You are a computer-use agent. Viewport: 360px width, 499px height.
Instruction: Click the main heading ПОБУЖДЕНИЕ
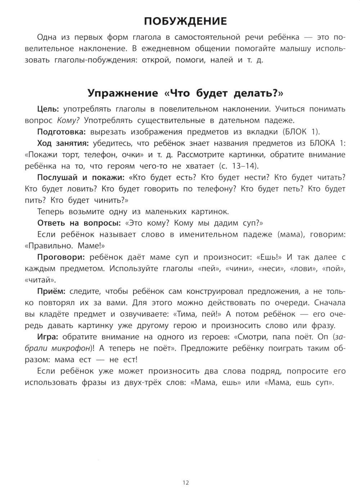[x=185, y=21]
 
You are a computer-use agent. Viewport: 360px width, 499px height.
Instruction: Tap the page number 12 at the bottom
[x=185, y=483]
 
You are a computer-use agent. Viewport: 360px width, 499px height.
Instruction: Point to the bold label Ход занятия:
[x=63, y=143]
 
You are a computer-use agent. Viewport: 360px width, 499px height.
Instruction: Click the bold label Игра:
[x=49, y=337]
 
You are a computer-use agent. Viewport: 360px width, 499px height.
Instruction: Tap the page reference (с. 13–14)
[x=238, y=166]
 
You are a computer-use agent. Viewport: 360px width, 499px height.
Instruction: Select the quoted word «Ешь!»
[x=269, y=258]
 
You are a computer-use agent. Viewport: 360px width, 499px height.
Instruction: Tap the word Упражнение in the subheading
[x=123, y=93]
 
